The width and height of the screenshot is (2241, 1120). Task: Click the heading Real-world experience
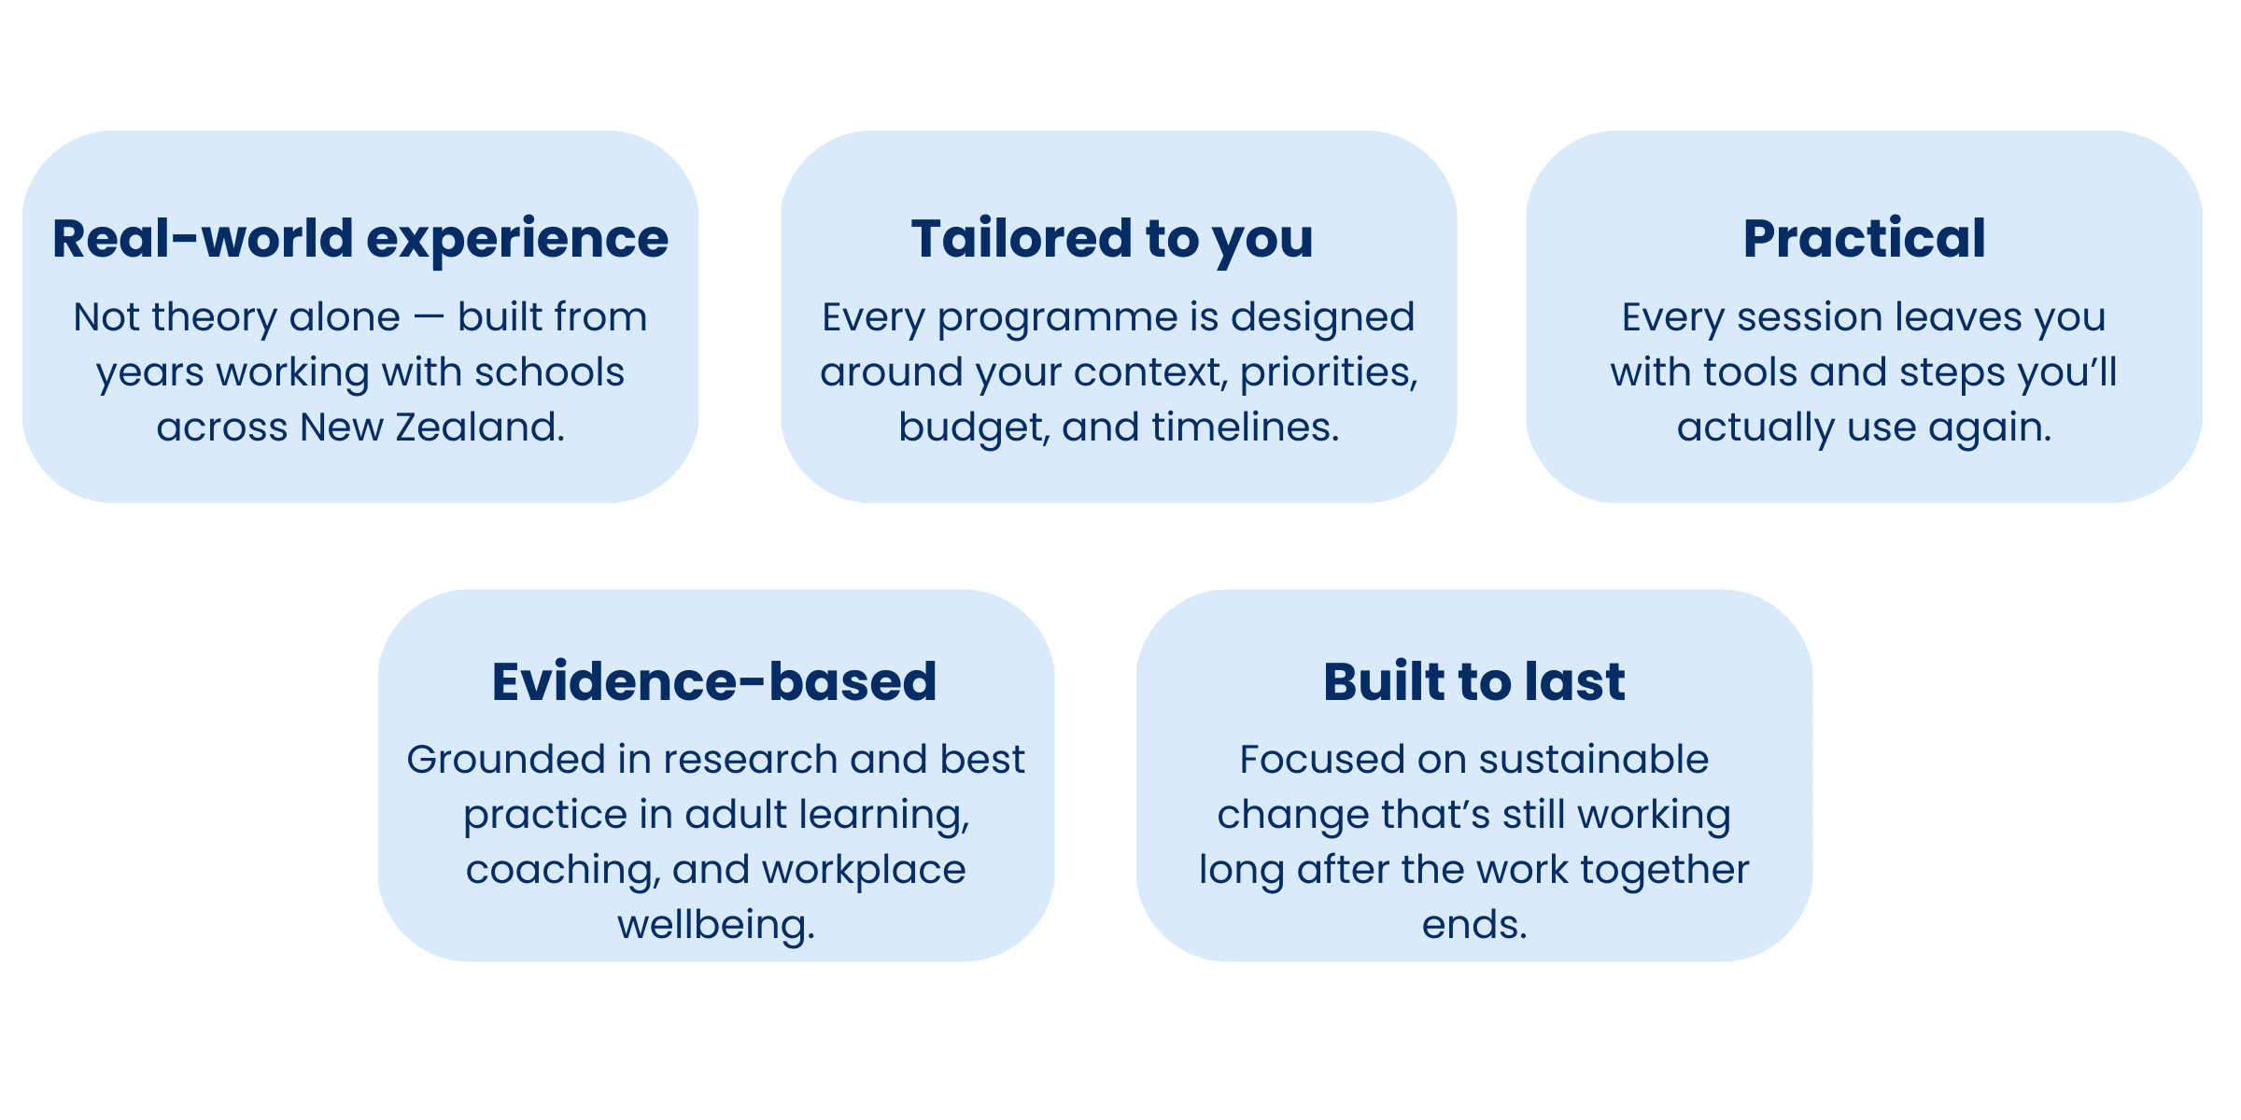(360, 239)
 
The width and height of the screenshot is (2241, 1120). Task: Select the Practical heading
(1864, 238)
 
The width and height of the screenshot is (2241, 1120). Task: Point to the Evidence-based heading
(714, 680)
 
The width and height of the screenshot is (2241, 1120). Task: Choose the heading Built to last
(1474, 680)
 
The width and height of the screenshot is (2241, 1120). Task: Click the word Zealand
(480, 427)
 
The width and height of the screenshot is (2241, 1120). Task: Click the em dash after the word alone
(429, 318)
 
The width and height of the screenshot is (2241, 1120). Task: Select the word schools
(549, 372)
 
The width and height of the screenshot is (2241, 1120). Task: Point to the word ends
(1474, 926)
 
